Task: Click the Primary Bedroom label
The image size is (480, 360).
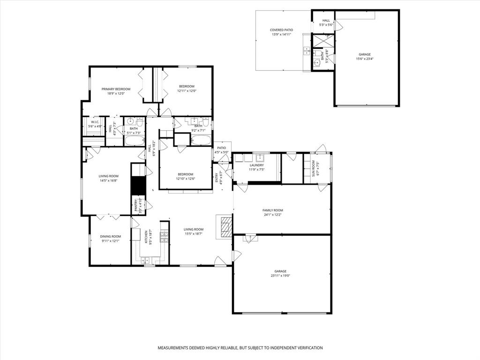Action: pyautogui.click(x=116, y=89)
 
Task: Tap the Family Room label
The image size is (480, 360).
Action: pyautogui.click(x=272, y=210)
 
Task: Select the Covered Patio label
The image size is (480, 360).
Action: pyautogui.click(x=281, y=30)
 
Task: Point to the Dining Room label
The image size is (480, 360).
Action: pyautogui.click(x=110, y=237)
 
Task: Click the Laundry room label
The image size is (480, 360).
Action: pyautogui.click(x=256, y=165)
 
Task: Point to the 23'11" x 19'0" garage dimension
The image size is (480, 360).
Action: pyautogui.click(x=280, y=276)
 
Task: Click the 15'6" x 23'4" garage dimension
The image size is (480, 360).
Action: pyautogui.click(x=365, y=59)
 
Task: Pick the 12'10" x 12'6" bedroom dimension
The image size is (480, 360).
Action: pyautogui.click(x=185, y=179)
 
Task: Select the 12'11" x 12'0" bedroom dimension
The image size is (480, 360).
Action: pyautogui.click(x=186, y=91)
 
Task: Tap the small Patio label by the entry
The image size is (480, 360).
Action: pyautogui.click(x=221, y=148)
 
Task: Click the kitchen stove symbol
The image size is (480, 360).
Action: pyautogui.click(x=165, y=238)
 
